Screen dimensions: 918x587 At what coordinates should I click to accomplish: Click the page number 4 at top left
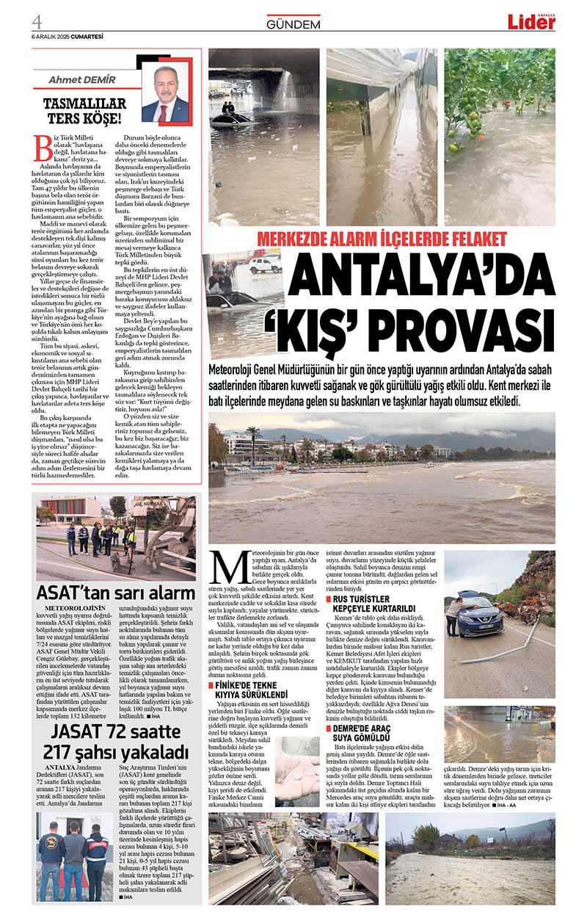(x=37, y=20)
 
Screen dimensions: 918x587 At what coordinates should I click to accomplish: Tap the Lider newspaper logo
(x=531, y=21)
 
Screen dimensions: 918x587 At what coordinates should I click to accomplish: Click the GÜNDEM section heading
(x=293, y=24)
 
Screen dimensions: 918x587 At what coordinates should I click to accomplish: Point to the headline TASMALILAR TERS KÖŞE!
(x=84, y=110)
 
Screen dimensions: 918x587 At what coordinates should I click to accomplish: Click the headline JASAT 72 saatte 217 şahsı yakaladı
(x=116, y=742)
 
